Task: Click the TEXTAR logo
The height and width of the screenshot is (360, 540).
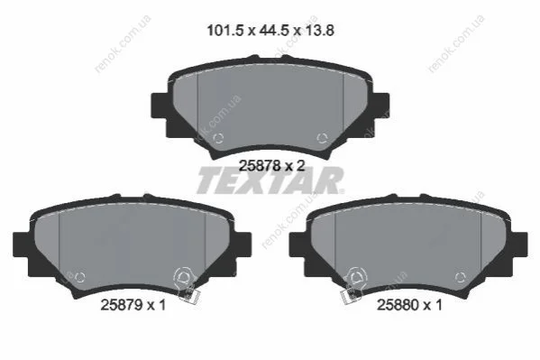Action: [270, 180]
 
